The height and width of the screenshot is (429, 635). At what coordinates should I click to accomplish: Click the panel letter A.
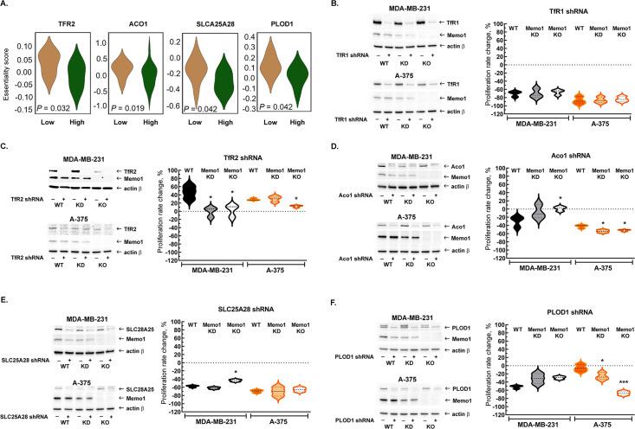(x=6, y=6)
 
